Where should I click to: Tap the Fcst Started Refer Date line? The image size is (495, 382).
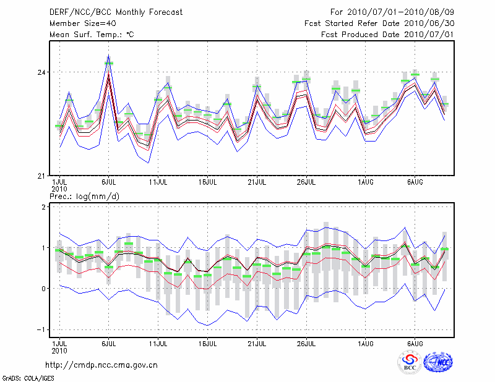tap(379, 23)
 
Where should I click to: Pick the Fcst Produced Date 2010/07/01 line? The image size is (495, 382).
tap(387, 35)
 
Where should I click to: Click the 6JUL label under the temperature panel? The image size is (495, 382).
tap(109, 182)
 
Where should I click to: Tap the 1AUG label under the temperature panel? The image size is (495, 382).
tap(366, 182)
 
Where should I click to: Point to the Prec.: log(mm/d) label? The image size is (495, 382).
tap(85, 197)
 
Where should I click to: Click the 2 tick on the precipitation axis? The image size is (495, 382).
tap(43, 207)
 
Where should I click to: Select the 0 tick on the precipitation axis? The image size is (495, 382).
tap(43, 289)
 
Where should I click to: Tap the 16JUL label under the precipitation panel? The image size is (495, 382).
tap(208, 343)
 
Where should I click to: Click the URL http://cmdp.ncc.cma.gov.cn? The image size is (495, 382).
tap(101, 365)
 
